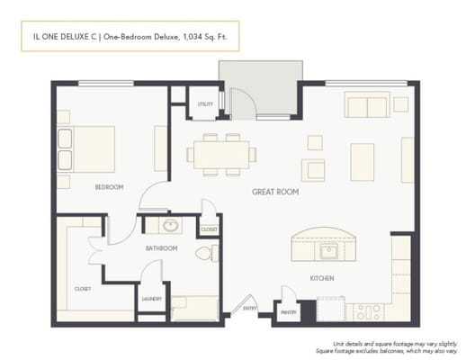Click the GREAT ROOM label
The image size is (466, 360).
(275, 193)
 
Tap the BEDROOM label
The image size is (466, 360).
(109, 187)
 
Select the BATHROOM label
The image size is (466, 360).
(162, 248)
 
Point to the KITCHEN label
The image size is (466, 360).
(322, 278)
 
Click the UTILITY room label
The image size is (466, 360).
(205, 104)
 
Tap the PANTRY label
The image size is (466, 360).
(288, 312)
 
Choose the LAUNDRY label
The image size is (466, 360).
(151, 299)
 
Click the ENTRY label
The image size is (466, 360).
(249, 308)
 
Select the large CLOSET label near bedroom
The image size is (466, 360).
(82, 289)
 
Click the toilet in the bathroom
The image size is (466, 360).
(202, 255)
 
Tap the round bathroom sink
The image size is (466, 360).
(167, 226)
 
